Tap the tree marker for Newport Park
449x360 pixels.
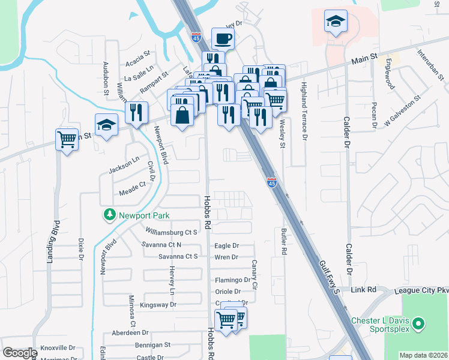pos(109,215)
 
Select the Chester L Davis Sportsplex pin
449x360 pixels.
pos(420,325)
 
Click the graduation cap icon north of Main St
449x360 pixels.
pos(335,22)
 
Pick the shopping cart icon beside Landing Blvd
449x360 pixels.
pos(67,140)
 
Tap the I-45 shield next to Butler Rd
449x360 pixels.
pos(272,182)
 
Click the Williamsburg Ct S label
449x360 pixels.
pos(172,232)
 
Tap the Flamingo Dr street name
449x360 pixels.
pos(232,280)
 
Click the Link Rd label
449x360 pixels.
pos(364,289)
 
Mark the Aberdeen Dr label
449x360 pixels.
pos(130,332)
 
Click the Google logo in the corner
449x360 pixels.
pos(20,352)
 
